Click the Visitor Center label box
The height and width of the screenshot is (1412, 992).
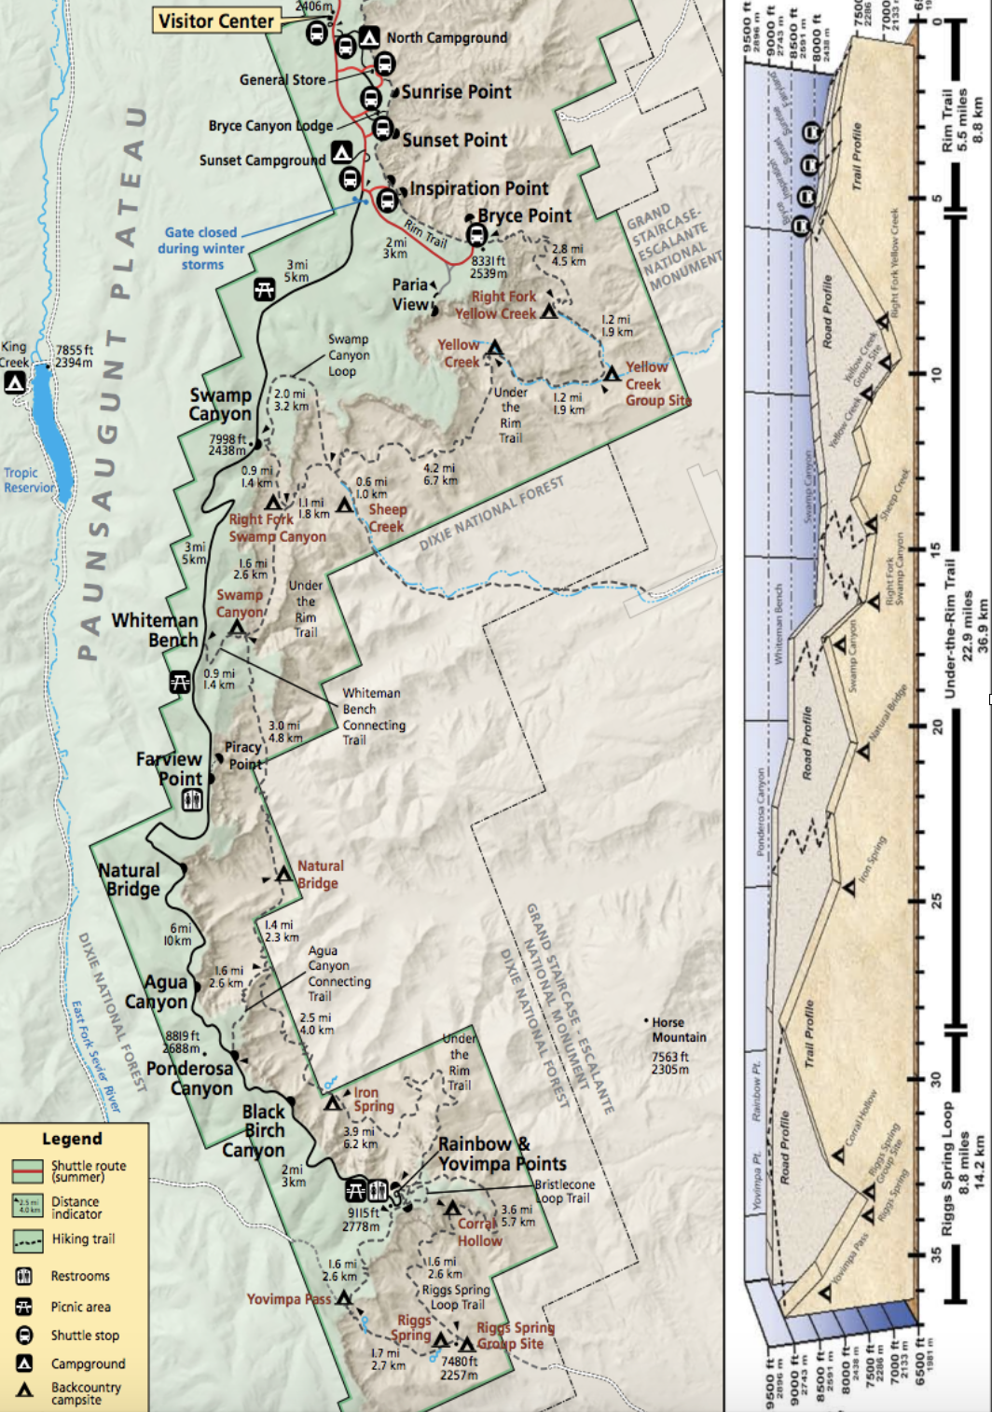pos(216,21)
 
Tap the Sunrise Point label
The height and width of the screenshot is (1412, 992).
pos(456,91)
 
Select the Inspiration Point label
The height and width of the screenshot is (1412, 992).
pos(478,188)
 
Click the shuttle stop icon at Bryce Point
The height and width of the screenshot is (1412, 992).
pos(476,234)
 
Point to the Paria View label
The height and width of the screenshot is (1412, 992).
pos(410,294)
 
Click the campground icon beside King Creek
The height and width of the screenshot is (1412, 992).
pos(14,382)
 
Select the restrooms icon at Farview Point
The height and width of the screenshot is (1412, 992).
pos(192,800)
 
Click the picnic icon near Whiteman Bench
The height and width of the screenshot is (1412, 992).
pos(180,682)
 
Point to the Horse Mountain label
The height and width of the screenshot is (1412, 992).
pos(679,1030)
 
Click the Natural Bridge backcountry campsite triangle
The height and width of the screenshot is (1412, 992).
pos(283,875)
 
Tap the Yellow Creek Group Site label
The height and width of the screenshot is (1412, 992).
pos(656,383)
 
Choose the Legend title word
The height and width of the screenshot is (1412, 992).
pos(72,1139)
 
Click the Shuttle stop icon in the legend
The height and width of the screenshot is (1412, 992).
pos(25,1335)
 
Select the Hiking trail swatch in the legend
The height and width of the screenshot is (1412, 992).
pos(27,1239)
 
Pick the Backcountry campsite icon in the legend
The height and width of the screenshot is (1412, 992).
pos(25,1390)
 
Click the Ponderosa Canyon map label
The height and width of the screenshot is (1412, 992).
pos(190,1078)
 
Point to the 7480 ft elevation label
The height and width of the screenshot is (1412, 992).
pos(460,1367)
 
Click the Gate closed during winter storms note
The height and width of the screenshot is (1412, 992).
pos(201,248)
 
